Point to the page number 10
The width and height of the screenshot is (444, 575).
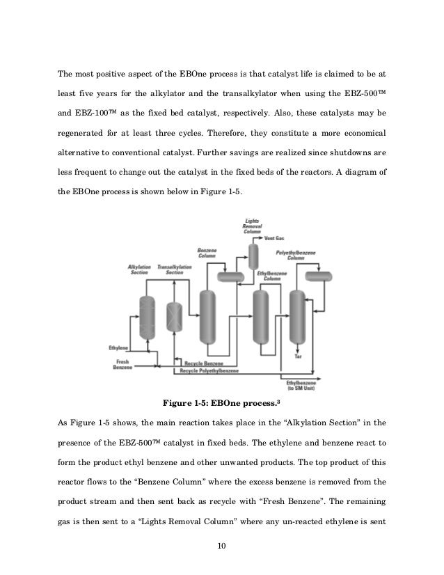pos(221,554)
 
